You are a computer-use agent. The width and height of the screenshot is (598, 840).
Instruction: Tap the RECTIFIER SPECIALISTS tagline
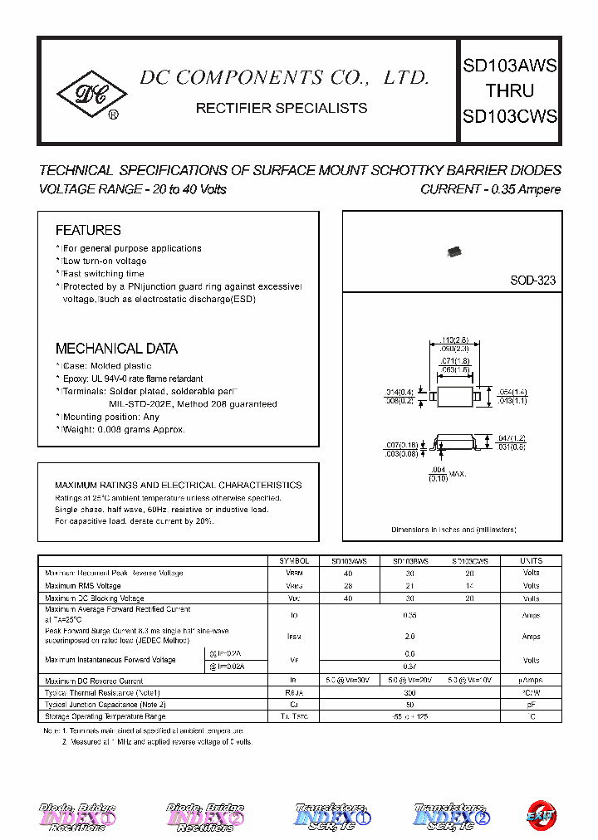281,108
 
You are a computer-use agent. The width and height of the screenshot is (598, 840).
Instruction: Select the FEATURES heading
88,230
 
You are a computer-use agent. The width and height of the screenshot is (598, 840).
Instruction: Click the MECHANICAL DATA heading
116,349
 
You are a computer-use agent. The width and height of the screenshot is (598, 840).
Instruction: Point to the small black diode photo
453,251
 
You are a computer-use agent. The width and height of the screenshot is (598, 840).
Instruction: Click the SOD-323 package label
532,281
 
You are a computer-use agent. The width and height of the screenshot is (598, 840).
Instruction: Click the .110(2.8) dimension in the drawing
456,339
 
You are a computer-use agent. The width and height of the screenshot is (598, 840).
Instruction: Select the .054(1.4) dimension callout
511,392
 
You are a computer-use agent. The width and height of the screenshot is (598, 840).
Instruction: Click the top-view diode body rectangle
455,397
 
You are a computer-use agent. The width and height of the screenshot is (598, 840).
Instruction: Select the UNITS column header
531,561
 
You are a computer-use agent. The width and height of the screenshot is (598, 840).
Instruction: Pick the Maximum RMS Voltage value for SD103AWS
348,585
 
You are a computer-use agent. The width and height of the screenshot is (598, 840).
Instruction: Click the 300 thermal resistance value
410,691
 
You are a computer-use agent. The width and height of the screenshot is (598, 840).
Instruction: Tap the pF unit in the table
531,704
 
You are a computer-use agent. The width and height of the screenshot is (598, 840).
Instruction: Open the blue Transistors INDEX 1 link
327,816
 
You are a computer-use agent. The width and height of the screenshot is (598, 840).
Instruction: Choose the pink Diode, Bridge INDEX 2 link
205,816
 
